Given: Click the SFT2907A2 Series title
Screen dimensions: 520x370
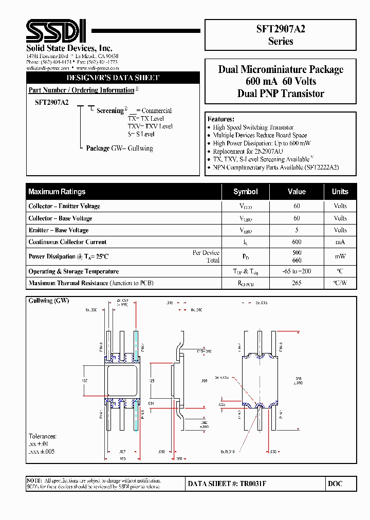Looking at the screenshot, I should click(280, 35).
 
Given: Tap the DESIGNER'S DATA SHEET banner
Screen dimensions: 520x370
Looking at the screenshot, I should click(113, 78).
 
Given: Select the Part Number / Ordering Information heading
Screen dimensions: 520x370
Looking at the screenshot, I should click(81, 90).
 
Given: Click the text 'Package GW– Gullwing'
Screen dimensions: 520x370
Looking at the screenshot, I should click(119, 148).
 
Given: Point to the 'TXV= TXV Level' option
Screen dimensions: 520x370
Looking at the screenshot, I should click(150, 126).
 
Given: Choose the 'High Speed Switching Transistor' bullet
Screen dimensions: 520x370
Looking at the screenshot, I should click(253, 127).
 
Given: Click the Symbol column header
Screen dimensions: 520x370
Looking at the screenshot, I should click(245, 192).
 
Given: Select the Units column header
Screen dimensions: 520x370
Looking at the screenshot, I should click(340, 192).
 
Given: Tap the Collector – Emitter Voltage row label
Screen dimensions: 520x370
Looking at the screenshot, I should click(64, 206).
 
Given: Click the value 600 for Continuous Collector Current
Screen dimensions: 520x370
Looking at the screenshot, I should click(297, 242).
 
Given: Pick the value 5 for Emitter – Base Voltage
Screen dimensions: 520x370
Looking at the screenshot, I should click(297, 230).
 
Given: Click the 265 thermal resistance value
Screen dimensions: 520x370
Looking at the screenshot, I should click(297, 283).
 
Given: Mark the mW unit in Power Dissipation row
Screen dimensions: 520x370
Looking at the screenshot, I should click(340, 256).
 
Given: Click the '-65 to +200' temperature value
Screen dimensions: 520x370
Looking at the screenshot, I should click(297, 271).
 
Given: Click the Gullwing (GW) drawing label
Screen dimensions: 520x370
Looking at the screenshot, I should click(49, 301).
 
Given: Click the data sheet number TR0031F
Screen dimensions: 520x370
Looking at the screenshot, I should click(227, 484).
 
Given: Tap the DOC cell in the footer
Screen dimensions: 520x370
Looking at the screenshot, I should click(335, 484).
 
